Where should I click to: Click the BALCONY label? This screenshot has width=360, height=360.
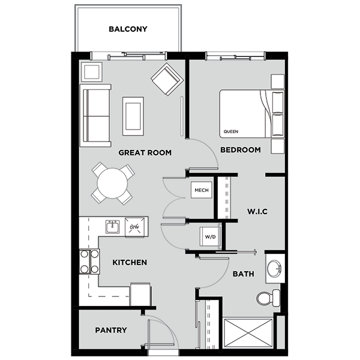128,29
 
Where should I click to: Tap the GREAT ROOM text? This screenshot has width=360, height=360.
145,153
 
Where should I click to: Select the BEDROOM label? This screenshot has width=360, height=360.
240,149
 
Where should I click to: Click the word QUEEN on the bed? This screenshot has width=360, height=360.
230,131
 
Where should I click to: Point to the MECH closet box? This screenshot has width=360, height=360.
201,191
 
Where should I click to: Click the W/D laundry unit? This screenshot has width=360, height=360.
210,237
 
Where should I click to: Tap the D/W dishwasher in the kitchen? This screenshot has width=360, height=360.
135,227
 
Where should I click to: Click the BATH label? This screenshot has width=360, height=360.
244,274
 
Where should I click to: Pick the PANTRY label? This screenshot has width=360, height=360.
110,330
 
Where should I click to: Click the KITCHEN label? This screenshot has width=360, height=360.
129,262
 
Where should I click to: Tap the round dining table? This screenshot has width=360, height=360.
112,184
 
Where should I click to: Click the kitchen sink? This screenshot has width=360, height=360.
112,226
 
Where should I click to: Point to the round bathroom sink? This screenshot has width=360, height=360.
275,268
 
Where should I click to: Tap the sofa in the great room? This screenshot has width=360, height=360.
95,115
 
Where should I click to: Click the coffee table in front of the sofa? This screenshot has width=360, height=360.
133,116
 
